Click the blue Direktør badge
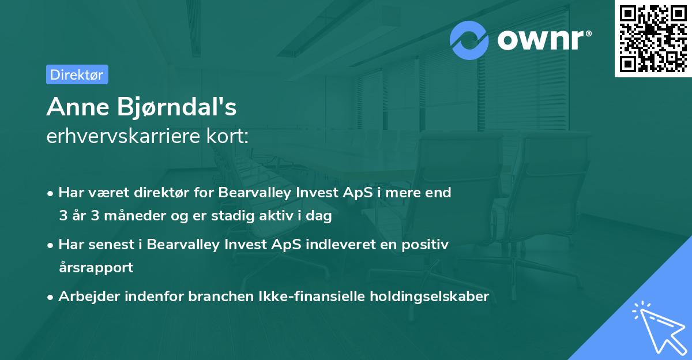tap(77, 74)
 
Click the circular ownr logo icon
tap(469, 40)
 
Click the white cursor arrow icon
tap(657, 328)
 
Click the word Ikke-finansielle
tap(317, 297)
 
